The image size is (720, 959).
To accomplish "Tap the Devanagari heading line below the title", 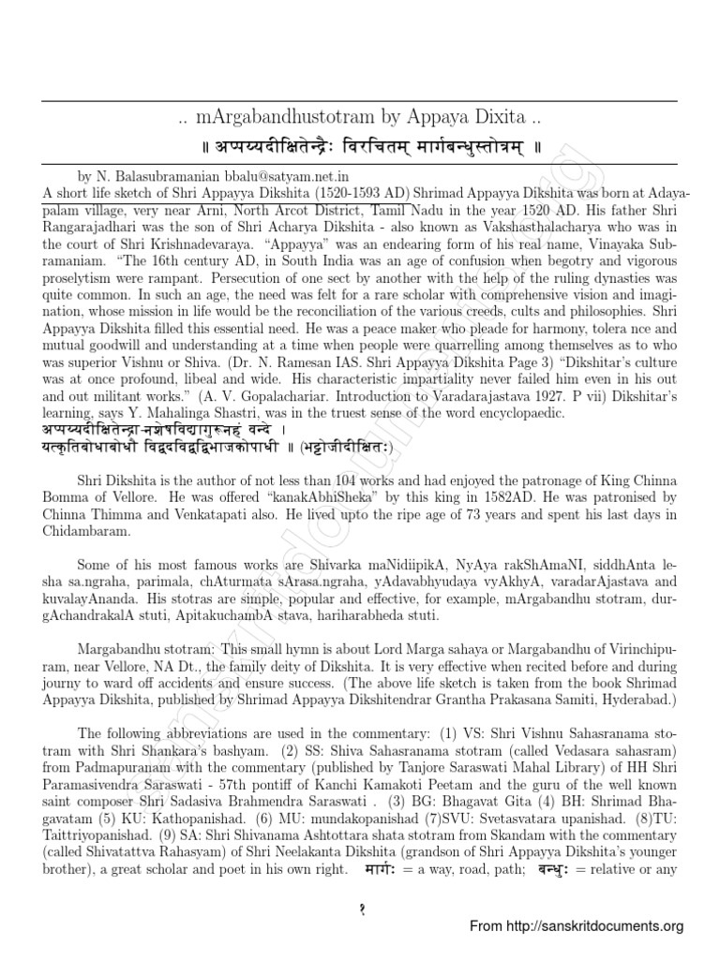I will click(359, 147).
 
